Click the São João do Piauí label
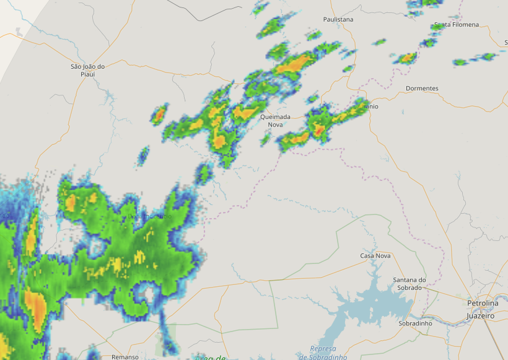click(x=87, y=70)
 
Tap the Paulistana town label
click(x=338, y=20)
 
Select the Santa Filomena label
click(x=457, y=25)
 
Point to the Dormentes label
click(x=422, y=89)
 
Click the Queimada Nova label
click(x=275, y=120)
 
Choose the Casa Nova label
click(x=375, y=256)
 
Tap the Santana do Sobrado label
click(x=409, y=284)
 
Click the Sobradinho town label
click(x=415, y=323)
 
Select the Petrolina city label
click(x=483, y=303)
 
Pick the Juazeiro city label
click(x=480, y=316)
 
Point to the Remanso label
click(x=125, y=357)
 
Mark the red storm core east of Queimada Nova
click(x=318, y=130)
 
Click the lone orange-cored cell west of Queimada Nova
click(x=159, y=114)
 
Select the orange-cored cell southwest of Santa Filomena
click(x=406, y=58)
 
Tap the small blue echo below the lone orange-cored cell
click(x=143, y=155)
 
